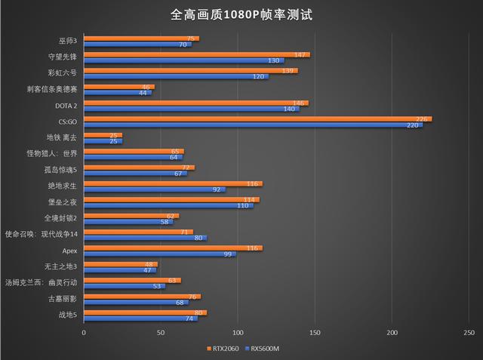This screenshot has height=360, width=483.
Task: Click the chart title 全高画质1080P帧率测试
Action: point(241,14)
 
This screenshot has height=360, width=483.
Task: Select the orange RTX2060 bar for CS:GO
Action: point(257,118)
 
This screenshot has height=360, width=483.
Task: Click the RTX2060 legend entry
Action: point(224,349)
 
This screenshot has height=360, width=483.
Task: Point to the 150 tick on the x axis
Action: point(315,332)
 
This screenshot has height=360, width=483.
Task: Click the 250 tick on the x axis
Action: point(469,332)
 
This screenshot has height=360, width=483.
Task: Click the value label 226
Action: point(423,118)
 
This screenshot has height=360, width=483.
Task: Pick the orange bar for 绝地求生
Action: point(173,183)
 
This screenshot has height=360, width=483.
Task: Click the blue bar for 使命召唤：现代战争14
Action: point(145,238)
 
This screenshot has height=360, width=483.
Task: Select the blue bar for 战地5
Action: point(140,318)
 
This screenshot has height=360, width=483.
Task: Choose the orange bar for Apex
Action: point(173,248)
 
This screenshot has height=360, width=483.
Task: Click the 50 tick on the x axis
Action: point(161,332)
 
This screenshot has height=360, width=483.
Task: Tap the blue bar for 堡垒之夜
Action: point(168,205)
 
